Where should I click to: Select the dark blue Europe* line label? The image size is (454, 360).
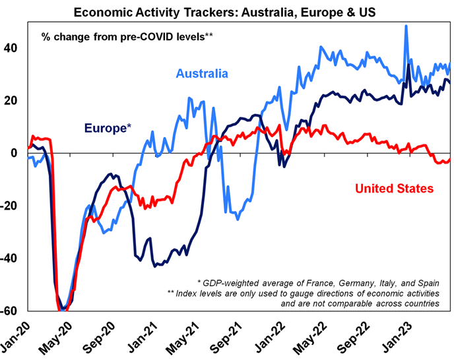click(x=106, y=128)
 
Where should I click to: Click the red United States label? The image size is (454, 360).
click(x=394, y=189)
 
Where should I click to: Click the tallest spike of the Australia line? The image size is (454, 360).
click(x=406, y=26)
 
